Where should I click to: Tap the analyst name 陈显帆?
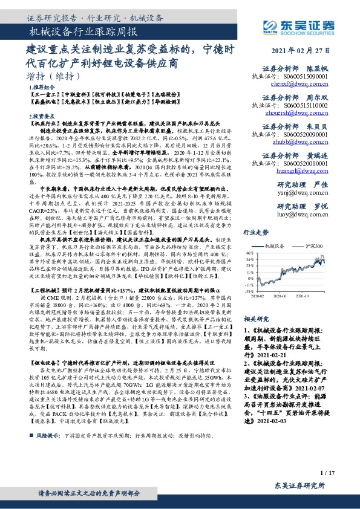(317, 70)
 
